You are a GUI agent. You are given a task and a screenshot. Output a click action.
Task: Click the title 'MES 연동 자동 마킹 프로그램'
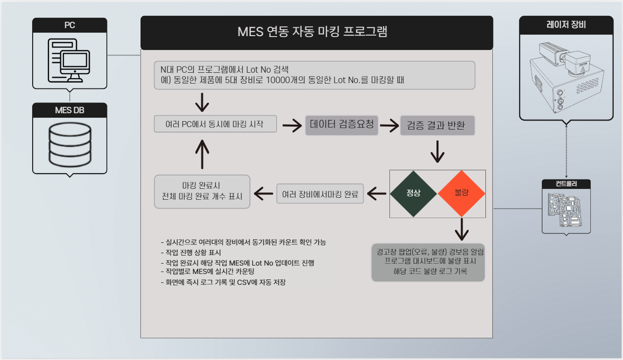click(x=312, y=33)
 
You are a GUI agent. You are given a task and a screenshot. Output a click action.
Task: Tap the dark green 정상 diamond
click(x=413, y=193)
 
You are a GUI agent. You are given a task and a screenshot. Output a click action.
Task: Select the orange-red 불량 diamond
click(x=461, y=193)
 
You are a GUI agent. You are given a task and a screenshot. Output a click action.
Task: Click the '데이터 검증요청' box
click(x=341, y=125)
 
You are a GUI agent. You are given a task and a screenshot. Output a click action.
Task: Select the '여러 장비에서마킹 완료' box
click(x=320, y=194)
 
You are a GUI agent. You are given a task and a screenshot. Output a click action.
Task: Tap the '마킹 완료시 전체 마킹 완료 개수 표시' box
click(x=202, y=191)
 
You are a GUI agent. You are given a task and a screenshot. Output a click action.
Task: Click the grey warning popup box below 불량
click(x=429, y=262)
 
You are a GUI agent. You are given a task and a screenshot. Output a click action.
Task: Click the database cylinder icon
click(x=70, y=144)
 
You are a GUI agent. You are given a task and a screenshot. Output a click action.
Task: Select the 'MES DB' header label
click(x=70, y=110)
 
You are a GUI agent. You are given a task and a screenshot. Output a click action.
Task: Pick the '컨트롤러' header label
click(x=566, y=184)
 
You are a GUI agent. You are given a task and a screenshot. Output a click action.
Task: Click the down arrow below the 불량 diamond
click(x=461, y=229)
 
